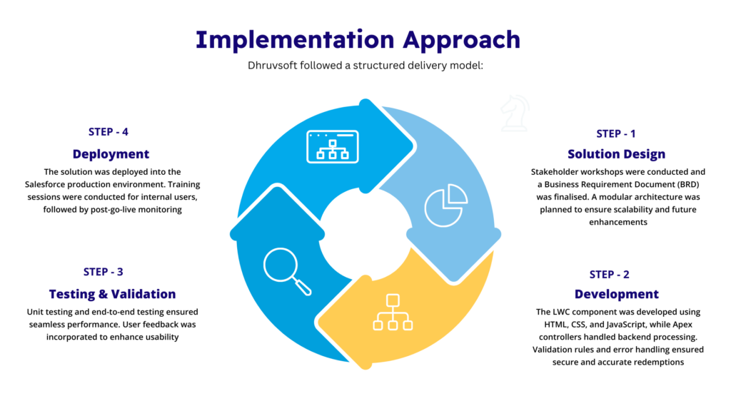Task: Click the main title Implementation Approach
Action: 358,40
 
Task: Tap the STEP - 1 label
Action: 616,133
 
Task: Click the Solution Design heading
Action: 616,154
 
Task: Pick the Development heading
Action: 616,294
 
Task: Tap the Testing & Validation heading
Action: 112,294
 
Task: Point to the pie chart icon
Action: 445,205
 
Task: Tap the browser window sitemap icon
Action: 333,146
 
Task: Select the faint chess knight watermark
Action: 515,113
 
